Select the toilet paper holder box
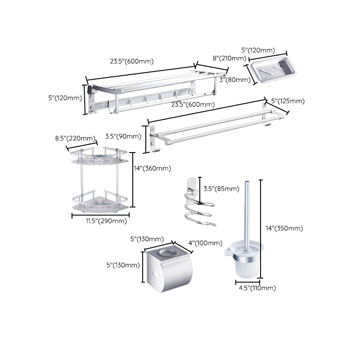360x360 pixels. pos(168,269)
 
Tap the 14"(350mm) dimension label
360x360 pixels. pos(284,228)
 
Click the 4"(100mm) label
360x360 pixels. pos(205,243)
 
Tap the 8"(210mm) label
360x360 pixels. pos(229,58)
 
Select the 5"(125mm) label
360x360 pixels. pos(288,101)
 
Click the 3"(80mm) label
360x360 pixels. pos(235,80)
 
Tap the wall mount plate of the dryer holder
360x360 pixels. pos(191,184)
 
